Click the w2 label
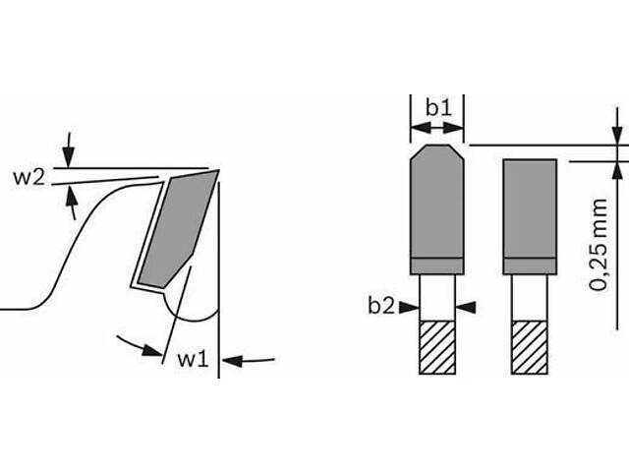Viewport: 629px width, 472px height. click(x=29, y=177)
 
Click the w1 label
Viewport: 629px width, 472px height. click(x=194, y=359)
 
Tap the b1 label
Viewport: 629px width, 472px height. click(x=438, y=107)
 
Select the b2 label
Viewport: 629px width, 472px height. click(x=381, y=306)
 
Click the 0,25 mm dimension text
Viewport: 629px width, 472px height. click(x=599, y=245)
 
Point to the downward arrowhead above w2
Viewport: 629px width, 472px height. click(x=69, y=157)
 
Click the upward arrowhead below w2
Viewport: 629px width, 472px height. click(x=71, y=196)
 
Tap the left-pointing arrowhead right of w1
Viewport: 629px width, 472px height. click(x=232, y=361)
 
